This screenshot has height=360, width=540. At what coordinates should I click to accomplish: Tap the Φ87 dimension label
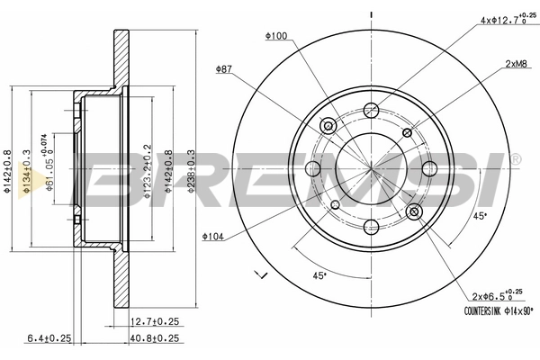pos(224,69)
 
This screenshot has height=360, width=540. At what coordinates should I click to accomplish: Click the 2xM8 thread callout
pos(516,64)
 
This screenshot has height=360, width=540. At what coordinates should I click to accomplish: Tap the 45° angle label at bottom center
pos(319,275)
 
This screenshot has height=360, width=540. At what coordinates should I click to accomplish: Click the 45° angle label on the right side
pos(480,215)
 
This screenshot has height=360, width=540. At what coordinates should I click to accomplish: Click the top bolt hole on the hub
pos(371,111)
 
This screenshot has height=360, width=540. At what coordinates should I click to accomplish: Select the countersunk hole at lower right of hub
pos(415,211)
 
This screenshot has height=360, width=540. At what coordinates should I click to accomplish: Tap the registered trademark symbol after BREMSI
pos(515,158)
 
